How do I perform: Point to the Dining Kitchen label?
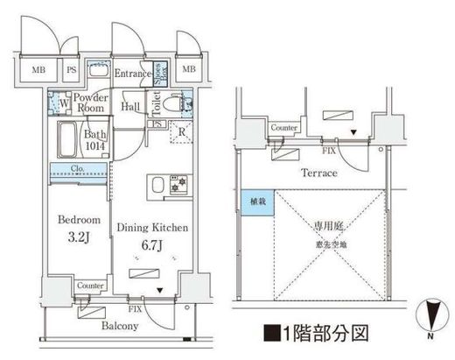click(x=153, y=226)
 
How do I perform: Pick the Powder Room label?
click(x=89, y=104)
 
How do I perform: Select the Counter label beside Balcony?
click(x=91, y=286)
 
